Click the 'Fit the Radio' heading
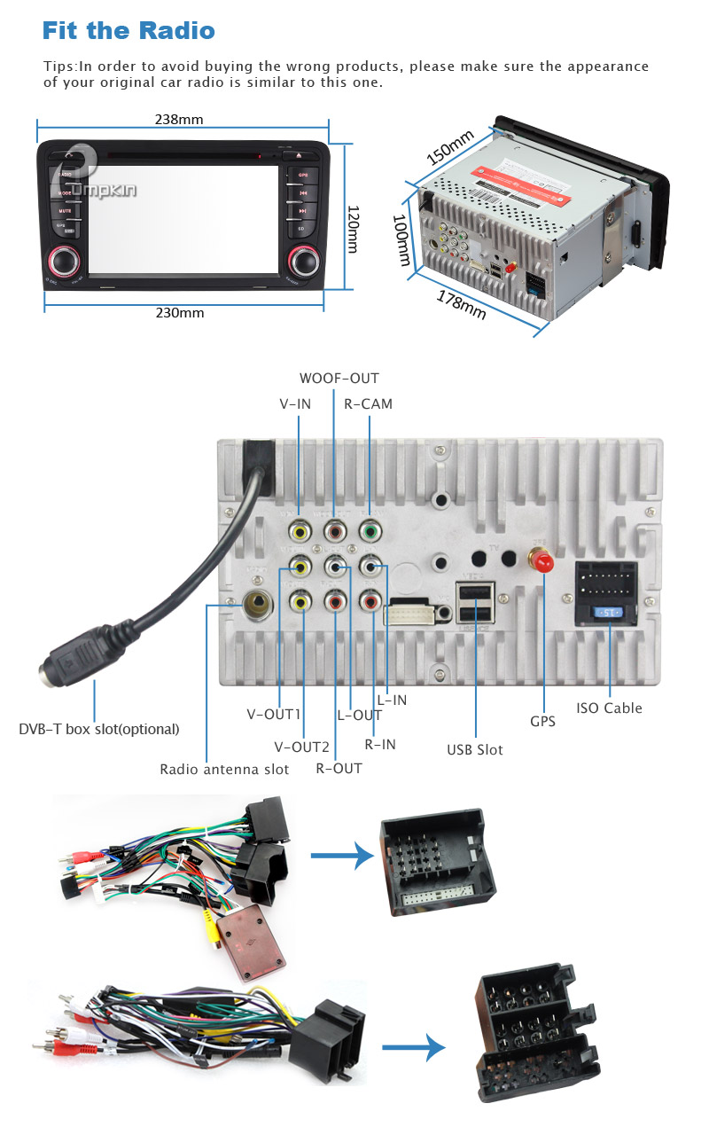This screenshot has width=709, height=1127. pos(129,31)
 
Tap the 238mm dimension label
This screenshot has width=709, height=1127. pos(180,119)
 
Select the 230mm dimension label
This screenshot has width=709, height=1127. pos(180,313)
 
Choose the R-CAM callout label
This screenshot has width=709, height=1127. pos(368,403)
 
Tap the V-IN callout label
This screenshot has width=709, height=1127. pos(295,403)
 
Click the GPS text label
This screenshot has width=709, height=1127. pos(542,722)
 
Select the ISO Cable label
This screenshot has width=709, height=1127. pos(609,708)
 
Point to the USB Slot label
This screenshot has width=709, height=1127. pos(474,749)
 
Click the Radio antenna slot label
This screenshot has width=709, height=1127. pos(224,769)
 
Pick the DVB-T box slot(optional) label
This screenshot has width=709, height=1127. pos(99,729)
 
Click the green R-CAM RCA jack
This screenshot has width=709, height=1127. pos(369,531)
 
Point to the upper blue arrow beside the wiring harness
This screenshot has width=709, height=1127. pos(341,857)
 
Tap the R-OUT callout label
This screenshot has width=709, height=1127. pos(339,768)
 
